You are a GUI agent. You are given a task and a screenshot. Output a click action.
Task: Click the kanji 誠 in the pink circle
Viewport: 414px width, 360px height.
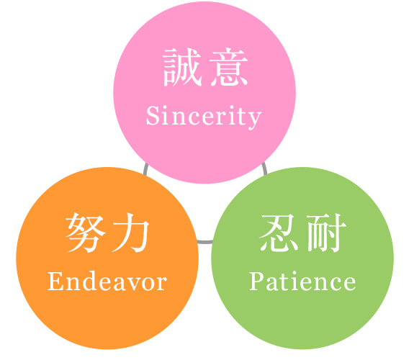point(182,67)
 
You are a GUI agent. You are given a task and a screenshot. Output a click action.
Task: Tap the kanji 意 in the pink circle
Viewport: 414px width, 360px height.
point(229,67)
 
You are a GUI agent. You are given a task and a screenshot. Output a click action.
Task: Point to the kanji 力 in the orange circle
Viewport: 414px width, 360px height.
point(130,233)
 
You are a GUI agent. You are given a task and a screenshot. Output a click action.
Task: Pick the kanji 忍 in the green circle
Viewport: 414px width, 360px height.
point(279,233)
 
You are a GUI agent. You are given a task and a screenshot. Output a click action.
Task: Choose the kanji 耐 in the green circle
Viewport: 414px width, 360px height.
point(326,233)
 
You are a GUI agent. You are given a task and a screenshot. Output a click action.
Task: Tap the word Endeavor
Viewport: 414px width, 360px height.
point(107,281)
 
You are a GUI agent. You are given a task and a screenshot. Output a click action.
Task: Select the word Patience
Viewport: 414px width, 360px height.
point(302,281)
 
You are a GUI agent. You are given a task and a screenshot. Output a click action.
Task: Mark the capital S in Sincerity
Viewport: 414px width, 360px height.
point(153,115)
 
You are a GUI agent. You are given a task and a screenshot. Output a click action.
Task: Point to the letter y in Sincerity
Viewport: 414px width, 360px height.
point(254,120)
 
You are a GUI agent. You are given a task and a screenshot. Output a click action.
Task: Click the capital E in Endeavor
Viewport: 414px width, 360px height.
point(55,282)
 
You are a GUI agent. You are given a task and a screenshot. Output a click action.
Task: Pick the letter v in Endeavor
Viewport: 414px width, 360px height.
point(133,284)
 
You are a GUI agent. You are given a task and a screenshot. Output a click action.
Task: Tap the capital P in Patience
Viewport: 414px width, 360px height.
point(257,282)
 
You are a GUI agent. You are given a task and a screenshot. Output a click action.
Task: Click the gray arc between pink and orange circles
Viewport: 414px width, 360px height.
point(145,169)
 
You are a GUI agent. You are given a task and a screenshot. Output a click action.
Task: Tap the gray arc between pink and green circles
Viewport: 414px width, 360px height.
point(264,168)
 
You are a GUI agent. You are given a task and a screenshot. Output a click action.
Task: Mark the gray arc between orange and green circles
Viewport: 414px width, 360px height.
point(205,242)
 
